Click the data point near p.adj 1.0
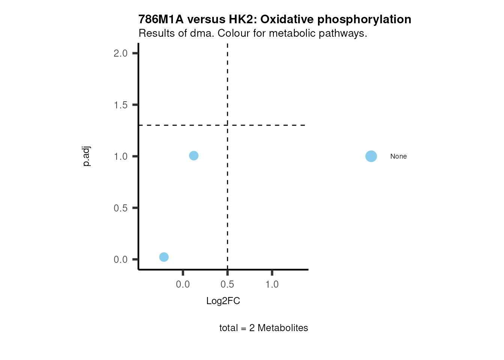[193, 156]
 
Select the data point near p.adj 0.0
[164, 257]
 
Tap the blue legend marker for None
[371, 156]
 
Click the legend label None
[398, 156]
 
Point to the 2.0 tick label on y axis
[121, 53]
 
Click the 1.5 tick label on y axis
[121, 105]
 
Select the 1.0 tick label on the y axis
[121, 156]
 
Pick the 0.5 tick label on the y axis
[121, 208]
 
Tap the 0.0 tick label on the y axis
[121, 259]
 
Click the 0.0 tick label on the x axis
[183, 285]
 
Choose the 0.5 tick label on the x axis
[227, 285]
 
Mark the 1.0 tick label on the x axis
[272, 285]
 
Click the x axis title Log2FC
[223, 301]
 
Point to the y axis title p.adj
[87, 156]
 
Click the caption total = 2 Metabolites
[264, 328]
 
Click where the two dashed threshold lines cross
[227, 125]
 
